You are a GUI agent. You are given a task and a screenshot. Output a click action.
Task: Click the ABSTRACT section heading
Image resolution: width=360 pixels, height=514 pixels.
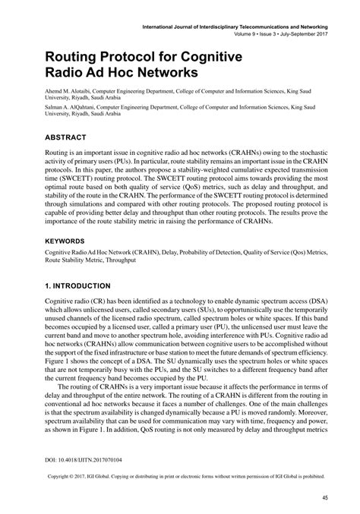pyautogui.click(x=49, y=137)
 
